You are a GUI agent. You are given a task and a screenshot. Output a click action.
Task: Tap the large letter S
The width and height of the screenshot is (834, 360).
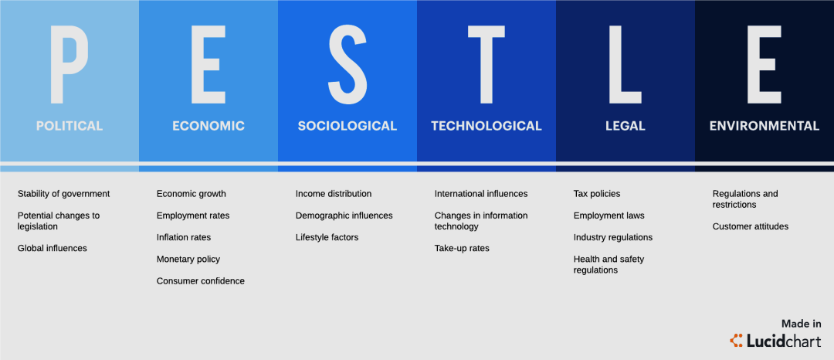(347, 64)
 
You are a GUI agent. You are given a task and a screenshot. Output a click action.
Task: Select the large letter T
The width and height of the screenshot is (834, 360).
(486, 64)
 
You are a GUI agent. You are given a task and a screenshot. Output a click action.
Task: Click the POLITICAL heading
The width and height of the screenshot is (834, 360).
(69, 126)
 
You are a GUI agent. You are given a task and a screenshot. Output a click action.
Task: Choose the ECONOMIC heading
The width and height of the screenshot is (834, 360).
(208, 126)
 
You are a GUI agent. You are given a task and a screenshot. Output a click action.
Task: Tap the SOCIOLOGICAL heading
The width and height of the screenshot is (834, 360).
(347, 126)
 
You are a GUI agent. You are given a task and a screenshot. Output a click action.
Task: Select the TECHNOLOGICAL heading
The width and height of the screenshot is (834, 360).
(486, 126)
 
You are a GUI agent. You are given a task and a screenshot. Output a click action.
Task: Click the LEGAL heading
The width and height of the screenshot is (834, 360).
(625, 126)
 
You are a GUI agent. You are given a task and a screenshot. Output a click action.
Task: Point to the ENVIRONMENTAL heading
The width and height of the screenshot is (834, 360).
(764, 126)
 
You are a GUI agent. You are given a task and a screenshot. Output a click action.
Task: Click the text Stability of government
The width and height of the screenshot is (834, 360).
(64, 194)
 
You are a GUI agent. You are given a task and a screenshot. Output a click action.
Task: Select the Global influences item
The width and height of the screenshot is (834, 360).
(53, 248)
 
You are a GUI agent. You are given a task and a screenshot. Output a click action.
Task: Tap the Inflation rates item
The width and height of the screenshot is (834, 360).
(184, 237)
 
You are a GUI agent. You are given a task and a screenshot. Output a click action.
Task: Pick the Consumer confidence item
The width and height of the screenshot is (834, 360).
(201, 280)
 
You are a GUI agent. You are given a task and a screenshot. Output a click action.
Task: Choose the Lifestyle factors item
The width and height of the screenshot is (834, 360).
(327, 238)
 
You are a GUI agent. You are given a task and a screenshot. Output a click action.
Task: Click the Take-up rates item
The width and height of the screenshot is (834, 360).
(462, 248)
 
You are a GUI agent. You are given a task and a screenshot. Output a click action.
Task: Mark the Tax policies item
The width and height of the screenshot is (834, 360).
(597, 194)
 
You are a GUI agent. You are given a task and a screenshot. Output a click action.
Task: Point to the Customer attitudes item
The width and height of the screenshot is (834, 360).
(751, 226)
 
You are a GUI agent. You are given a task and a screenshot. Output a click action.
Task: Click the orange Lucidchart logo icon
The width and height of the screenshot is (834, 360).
(737, 341)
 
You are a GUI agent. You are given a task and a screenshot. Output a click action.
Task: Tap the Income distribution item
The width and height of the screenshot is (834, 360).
(334, 194)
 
